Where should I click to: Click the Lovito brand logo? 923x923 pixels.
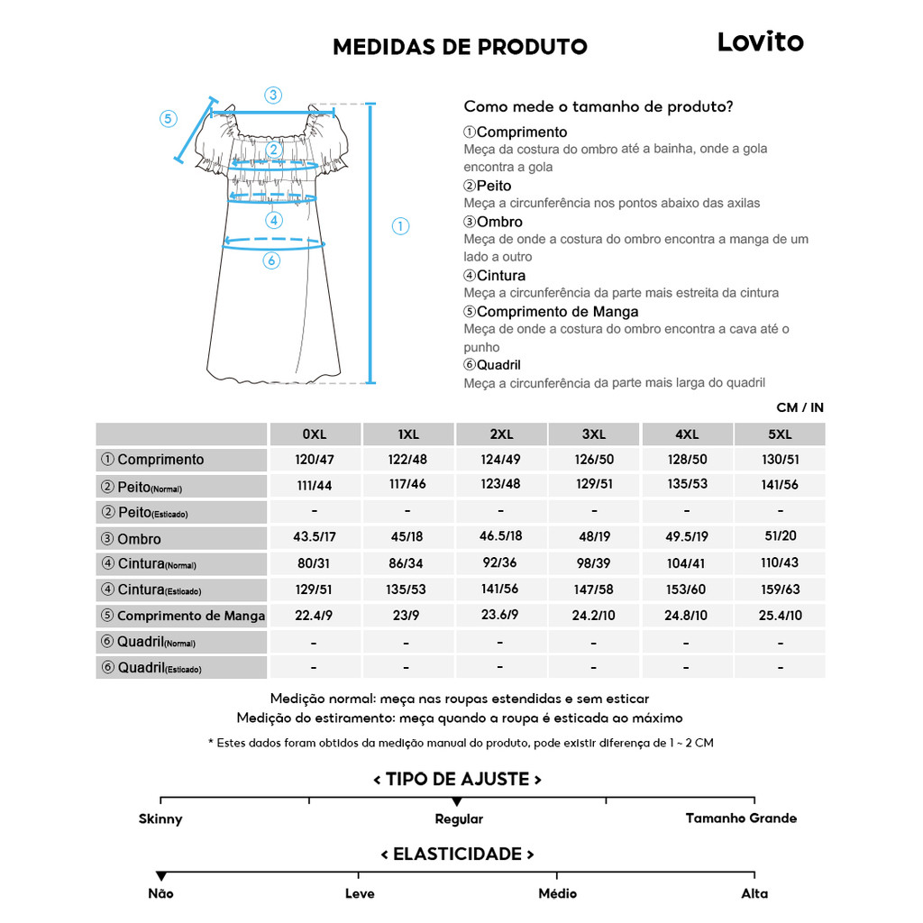pos(760,42)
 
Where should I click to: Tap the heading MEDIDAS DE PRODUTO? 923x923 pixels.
pos(460,47)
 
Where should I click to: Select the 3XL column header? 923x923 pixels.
pos(593,434)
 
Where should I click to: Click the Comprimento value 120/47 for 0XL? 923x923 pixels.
pos(314,460)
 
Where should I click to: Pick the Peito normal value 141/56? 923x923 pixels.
pos(780,485)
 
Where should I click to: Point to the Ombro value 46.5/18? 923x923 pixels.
pos(500,536)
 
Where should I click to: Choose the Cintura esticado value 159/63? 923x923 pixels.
pos(780,589)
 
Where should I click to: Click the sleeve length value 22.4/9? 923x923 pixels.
pos(314,616)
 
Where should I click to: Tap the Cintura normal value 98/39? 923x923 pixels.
pos(593,563)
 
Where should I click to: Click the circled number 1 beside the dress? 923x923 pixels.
pos(401,226)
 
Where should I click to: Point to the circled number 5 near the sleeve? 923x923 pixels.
pos(169,119)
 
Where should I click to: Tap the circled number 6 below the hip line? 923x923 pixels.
pos(271,260)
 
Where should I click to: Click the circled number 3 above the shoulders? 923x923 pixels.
pos(273,95)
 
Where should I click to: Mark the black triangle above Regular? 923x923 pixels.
pos(457,801)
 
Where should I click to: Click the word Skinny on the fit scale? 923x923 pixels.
pos(160,819)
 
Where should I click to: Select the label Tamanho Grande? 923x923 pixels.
pos(741,818)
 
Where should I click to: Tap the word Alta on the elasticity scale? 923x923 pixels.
pos(754,893)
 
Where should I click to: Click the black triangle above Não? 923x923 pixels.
pos(161,876)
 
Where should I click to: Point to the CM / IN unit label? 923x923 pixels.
pos(800,407)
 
